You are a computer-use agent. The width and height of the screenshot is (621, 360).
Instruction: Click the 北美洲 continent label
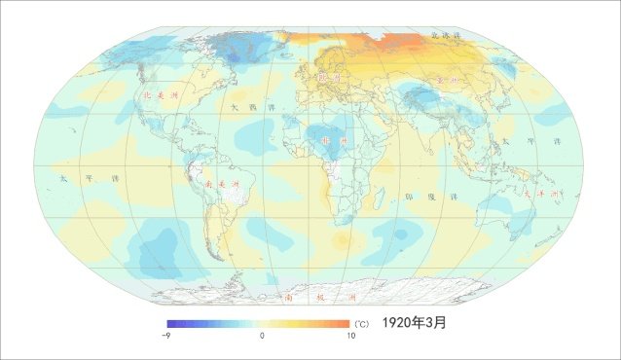point(161,96)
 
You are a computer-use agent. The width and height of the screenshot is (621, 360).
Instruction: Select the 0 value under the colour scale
point(262,335)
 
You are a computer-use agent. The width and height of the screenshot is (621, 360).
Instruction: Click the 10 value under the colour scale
point(349,335)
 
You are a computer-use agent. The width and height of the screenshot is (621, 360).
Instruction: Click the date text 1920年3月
point(414,322)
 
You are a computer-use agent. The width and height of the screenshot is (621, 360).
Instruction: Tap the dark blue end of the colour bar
point(169,323)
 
